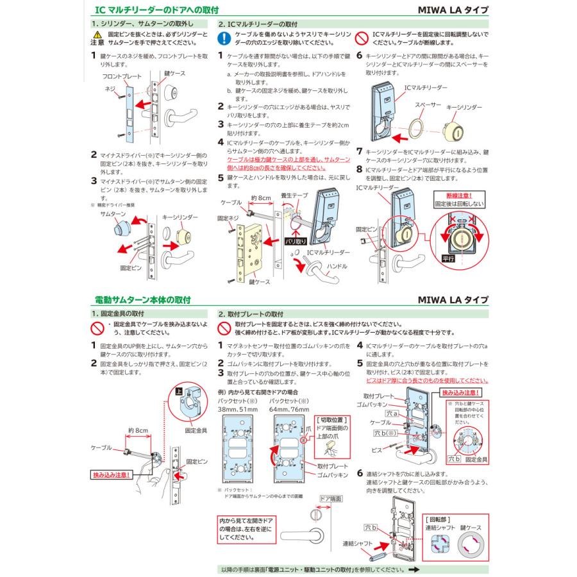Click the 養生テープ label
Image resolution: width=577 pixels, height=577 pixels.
[294, 194]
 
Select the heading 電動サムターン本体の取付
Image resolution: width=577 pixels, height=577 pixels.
[142, 300]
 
